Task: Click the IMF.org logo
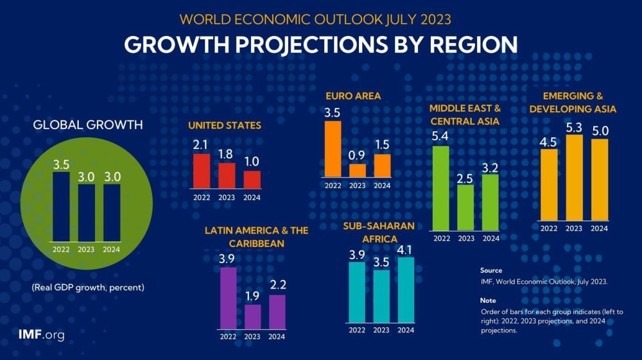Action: [42, 335]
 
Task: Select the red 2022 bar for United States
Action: [202, 171]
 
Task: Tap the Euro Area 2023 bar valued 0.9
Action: [358, 170]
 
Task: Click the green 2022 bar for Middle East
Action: [441, 187]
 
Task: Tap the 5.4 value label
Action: [441, 137]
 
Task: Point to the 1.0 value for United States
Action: [252, 161]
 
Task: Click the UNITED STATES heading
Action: [225, 125]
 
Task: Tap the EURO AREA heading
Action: [353, 96]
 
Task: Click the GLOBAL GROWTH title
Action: [88, 124]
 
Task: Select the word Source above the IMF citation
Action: [491, 270]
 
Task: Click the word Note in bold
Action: [488, 300]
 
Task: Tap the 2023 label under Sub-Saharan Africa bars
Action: [381, 330]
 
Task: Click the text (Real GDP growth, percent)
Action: [88, 287]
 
